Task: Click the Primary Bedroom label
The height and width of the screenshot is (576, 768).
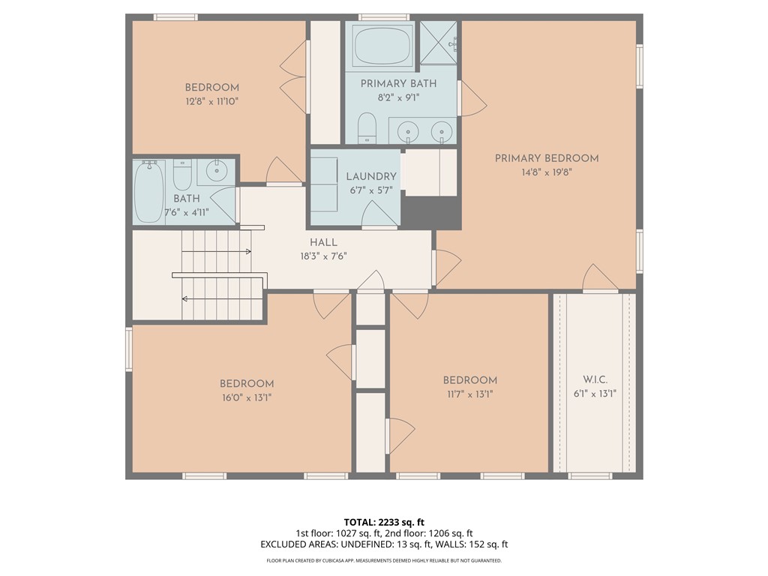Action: [x=547, y=158]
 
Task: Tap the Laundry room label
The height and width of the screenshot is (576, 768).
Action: [x=371, y=176]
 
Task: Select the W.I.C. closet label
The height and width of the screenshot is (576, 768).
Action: [x=595, y=379]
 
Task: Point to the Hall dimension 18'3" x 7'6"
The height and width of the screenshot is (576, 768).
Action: [x=323, y=256]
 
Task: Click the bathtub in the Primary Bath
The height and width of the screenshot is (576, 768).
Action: [x=383, y=46]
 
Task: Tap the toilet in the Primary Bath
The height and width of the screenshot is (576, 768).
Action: [x=366, y=127]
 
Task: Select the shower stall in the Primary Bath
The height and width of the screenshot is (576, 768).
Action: [x=438, y=43]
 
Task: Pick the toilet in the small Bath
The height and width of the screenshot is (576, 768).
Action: [x=182, y=175]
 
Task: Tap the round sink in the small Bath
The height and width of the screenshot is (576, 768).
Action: [x=216, y=170]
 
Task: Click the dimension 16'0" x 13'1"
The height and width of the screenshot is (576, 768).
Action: [x=247, y=397]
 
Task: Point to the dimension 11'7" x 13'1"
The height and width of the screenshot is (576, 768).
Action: [x=469, y=394]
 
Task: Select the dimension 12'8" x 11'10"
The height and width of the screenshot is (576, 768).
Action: [x=211, y=102]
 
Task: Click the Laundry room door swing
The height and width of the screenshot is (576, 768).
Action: [x=379, y=214]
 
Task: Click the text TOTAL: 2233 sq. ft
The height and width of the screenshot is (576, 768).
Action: [x=384, y=522]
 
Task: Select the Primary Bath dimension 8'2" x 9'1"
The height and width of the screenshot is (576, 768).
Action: [x=399, y=97]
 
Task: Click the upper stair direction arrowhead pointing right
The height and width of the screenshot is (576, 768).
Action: [x=248, y=252]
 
